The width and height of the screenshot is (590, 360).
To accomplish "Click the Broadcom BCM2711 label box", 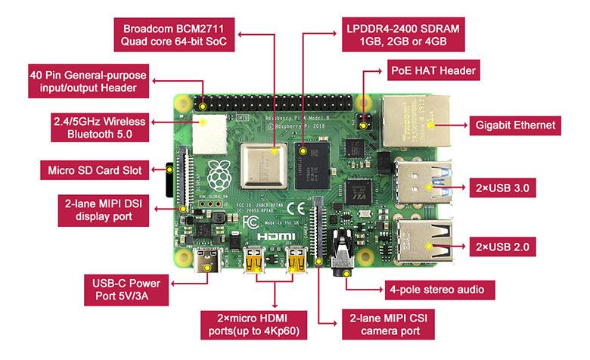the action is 174,35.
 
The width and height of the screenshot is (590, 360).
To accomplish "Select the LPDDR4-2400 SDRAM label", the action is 403,35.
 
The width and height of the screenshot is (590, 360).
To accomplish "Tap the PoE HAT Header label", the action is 433,70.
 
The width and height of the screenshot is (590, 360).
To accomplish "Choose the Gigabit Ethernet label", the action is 515,126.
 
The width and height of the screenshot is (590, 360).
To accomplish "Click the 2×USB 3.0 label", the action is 502,188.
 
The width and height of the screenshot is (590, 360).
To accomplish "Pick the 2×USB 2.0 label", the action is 502,247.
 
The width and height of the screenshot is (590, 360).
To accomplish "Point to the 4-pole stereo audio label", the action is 439,290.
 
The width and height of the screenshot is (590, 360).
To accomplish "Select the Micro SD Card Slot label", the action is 95,170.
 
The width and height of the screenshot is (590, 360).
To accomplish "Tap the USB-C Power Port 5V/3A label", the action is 126,290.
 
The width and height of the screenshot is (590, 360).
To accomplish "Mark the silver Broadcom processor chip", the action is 264,166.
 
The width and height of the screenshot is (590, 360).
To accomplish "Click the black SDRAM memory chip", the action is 312,166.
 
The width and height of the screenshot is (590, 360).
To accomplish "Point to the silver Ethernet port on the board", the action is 417,121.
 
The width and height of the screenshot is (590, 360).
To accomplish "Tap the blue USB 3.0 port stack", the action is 423,182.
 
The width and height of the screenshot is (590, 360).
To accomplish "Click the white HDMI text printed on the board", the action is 276,236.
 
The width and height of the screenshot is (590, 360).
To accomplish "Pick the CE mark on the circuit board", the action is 296,209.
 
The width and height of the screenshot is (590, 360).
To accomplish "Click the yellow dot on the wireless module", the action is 203,123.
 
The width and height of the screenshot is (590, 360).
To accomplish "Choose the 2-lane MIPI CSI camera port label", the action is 388,324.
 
